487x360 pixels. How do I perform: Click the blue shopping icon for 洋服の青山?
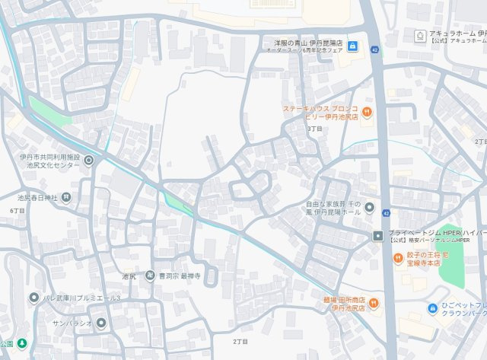tap(352, 46)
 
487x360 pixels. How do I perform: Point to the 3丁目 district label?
tap(314, 129)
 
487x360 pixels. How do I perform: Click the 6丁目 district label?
tap(17, 210)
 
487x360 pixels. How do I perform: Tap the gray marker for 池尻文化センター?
tap(89, 161)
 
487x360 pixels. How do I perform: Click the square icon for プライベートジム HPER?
tap(378, 236)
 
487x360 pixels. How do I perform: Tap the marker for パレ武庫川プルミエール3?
tap(33, 297)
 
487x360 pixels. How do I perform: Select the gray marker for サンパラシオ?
tap(101, 322)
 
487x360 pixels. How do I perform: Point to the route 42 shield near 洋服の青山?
tap(375, 49)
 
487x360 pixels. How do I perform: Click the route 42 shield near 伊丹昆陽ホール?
tap(387, 213)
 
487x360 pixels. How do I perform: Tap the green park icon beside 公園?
tap(22, 343)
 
